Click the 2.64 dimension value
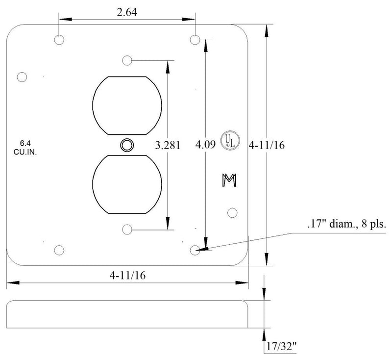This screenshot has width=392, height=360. pos(127,12)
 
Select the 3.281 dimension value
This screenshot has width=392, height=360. pos(168,145)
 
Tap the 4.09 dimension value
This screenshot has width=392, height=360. pos(205,144)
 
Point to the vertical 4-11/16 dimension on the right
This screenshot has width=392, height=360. pos(267,145)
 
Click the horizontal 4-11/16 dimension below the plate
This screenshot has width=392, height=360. pos(127,276)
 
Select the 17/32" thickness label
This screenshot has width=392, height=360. pos(281,346)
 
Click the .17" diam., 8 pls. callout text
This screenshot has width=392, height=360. pos(347,224)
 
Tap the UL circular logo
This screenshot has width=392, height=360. pos(230,141)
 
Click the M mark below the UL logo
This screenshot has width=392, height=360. pos(229,180)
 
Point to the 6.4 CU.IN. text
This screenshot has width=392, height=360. pos(25,148)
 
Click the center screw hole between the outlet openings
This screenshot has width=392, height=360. pos(127,145)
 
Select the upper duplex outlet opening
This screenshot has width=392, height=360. pos(127,105)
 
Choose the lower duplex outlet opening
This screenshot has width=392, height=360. pos(127,184)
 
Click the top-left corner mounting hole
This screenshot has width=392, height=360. pos(59,40)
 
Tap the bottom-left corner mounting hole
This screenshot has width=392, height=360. pos(59,250)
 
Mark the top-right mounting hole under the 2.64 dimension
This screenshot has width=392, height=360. pos(195,40)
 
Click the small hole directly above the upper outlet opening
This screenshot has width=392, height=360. pos(127,60)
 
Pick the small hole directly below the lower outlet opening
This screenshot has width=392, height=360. pos(127,230)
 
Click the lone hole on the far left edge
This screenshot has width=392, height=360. pos(22,77)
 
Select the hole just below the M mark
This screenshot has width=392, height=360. pos(232,213)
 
